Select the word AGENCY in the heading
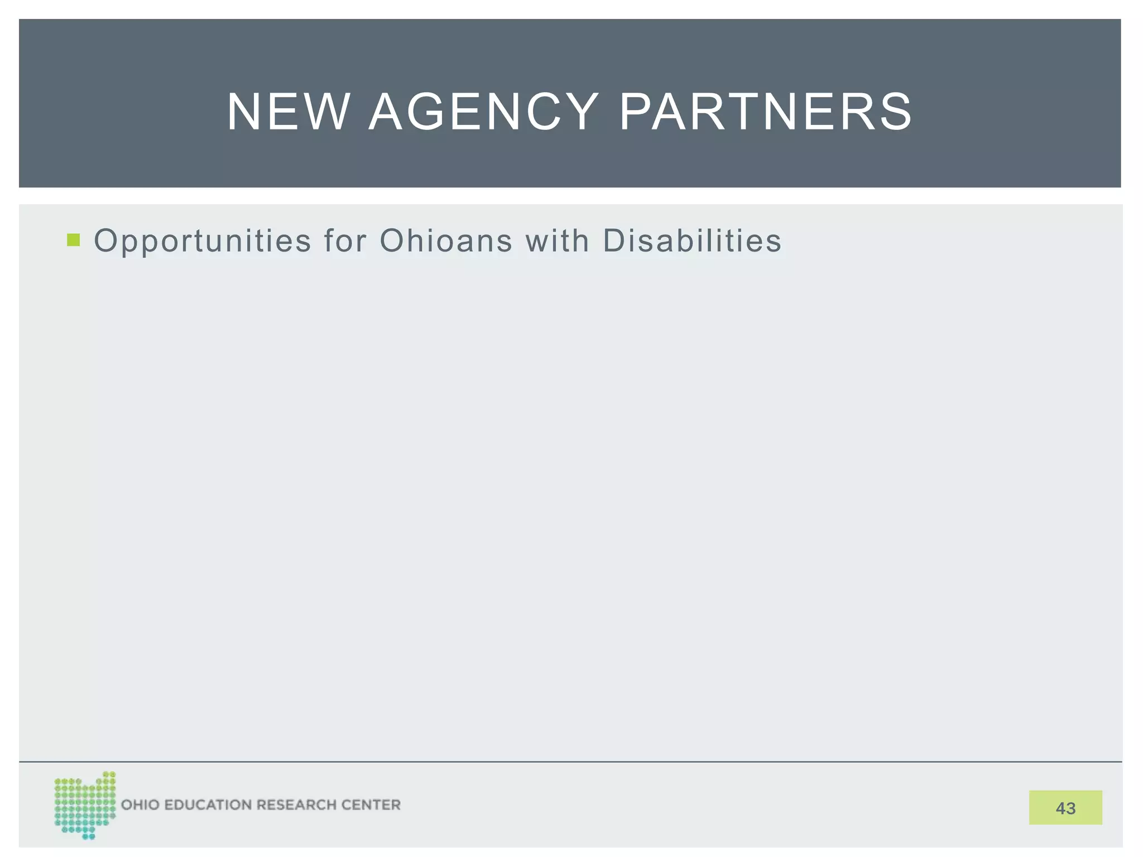[x=483, y=112]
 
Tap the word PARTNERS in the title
[x=766, y=112]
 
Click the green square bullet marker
[x=73, y=240]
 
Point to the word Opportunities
[x=203, y=242]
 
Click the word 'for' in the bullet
[x=345, y=241]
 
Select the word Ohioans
[x=446, y=241]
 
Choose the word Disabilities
[x=692, y=241]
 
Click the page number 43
[x=1065, y=808]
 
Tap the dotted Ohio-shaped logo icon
[x=85, y=805]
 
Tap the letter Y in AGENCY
[x=580, y=112]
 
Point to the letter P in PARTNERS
[x=636, y=112]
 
